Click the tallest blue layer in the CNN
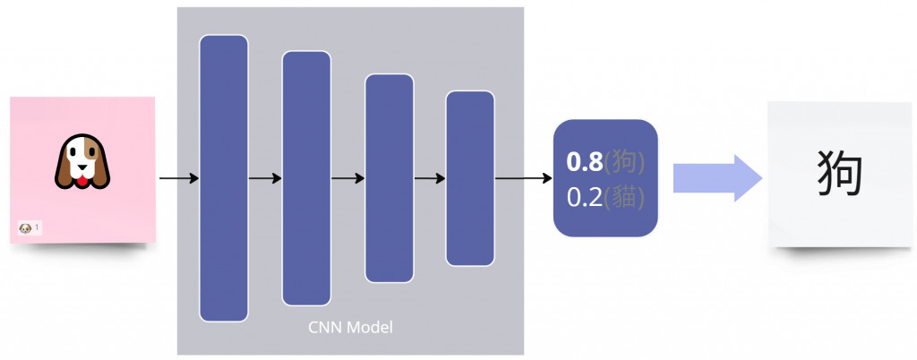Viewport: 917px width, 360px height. [x=223, y=177]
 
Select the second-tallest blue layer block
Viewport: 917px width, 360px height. [x=306, y=177]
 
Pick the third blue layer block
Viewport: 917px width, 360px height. [x=389, y=177]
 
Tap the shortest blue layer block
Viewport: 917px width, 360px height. [x=470, y=177]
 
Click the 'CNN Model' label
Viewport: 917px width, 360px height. [x=350, y=327]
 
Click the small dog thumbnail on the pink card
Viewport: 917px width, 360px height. [x=25, y=229]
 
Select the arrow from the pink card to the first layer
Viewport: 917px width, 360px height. [x=177, y=178]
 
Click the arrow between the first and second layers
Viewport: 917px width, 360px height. [x=264, y=178]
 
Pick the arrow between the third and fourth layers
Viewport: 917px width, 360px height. [x=430, y=178]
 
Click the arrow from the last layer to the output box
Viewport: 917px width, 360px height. [x=523, y=178]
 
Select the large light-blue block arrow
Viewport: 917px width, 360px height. [x=717, y=177]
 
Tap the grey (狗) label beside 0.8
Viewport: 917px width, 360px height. [x=624, y=163]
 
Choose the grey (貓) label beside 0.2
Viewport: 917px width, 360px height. [x=624, y=196]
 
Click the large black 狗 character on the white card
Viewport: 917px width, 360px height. [x=841, y=172]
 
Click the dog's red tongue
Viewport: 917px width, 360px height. [x=81, y=183]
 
